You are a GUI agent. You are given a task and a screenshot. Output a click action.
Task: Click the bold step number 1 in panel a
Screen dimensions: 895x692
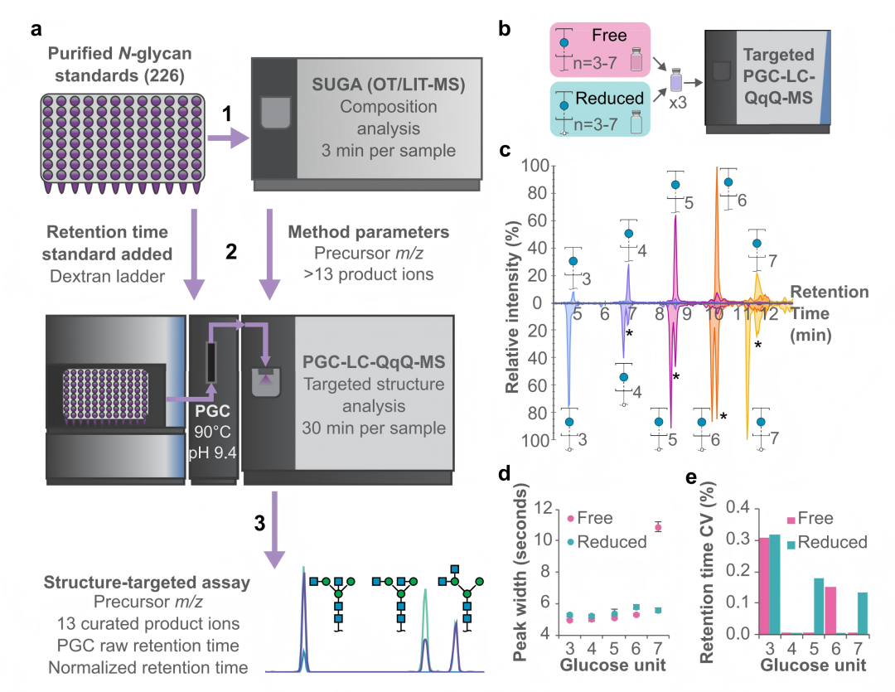pyautogui.click(x=226, y=114)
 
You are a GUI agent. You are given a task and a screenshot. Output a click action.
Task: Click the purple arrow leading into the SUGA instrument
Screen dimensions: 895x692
pyautogui.click(x=229, y=138)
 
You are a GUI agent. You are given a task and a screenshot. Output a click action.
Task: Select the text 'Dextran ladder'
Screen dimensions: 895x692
pyautogui.click(x=107, y=276)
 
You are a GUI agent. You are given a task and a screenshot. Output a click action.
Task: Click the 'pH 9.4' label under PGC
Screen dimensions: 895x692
pyautogui.click(x=212, y=452)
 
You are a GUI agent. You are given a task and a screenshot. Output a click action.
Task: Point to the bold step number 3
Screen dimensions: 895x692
pyautogui.click(x=259, y=523)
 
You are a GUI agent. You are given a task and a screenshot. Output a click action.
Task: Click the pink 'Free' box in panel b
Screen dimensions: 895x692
pyautogui.click(x=600, y=50)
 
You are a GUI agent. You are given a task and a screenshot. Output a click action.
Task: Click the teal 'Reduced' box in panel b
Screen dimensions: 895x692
pyautogui.click(x=600, y=109)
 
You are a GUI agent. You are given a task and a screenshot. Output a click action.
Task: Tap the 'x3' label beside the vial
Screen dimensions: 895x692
pyautogui.click(x=678, y=104)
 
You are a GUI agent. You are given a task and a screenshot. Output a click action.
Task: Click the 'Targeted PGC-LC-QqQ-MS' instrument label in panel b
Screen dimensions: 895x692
pyautogui.click(x=778, y=76)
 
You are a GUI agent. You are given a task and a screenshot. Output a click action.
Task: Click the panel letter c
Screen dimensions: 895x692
pyautogui.click(x=505, y=150)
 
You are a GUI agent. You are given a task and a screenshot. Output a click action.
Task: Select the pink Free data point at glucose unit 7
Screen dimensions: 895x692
pyautogui.click(x=658, y=528)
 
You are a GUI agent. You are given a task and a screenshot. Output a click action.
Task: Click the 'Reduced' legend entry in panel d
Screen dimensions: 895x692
pyautogui.click(x=607, y=542)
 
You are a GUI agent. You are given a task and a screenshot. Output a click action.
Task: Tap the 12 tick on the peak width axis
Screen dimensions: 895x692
pyautogui.click(x=544, y=507)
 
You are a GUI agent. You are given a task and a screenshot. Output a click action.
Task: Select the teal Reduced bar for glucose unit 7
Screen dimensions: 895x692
pyautogui.click(x=862, y=613)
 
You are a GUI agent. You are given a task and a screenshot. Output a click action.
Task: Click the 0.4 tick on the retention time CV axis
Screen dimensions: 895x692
pyautogui.click(x=738, y=507)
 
